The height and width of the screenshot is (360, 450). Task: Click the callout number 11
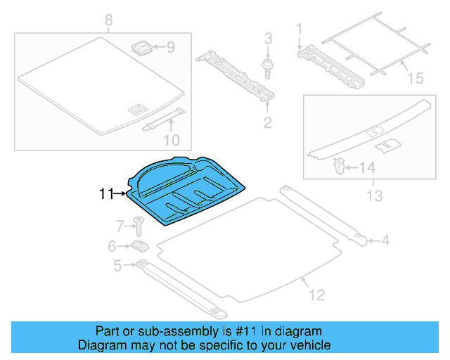(105, 192)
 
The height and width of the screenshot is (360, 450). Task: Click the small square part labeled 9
(142, 49)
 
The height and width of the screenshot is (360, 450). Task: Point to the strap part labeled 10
(163, 120)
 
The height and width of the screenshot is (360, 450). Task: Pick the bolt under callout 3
(267, 68)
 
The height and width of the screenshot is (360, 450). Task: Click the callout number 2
(267, 124)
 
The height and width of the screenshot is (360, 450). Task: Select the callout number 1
(299, 29)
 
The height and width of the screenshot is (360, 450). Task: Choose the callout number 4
(385, 242)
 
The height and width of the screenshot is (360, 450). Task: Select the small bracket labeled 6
(139, 246)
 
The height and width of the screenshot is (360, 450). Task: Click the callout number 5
(117, 265)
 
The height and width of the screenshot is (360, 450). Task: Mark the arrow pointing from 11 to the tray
(120, 192)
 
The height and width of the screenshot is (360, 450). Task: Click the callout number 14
(368, 168)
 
